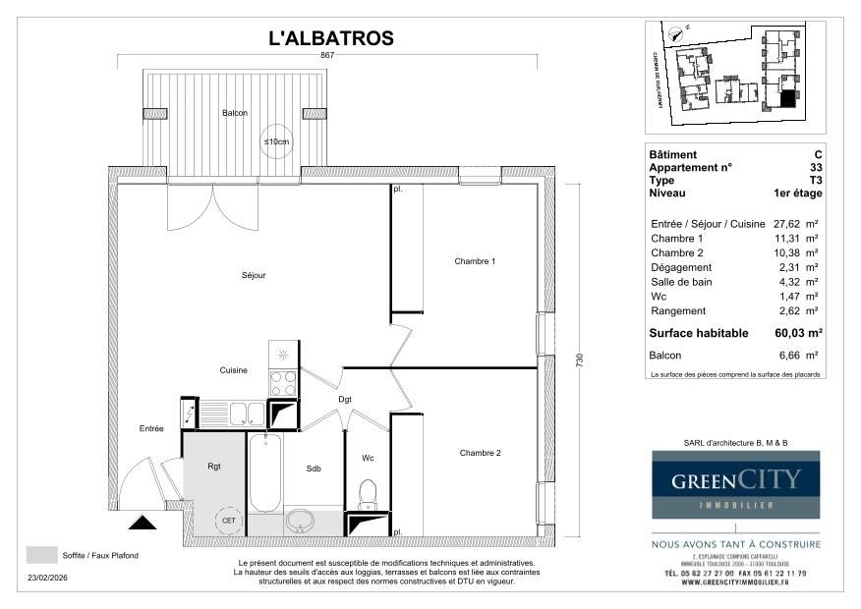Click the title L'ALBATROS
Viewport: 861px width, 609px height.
(x=331, y=38)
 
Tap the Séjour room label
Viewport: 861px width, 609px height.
(x=253, y=275)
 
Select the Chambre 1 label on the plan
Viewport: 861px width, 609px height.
(x=475, y=261)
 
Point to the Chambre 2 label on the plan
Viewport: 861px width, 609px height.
(x=480, y=453)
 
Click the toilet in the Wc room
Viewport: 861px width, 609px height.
(x=368, y=491)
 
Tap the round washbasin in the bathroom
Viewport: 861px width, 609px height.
(x=299, y=520)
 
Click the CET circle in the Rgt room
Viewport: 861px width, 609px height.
(x=228, y=521)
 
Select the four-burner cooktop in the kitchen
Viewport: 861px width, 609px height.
(x=283, y=381)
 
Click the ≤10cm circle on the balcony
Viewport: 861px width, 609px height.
(x=276, y=142)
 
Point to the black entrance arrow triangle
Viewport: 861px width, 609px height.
(x=143, y=523)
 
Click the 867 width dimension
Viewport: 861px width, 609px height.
(x=327, y=56)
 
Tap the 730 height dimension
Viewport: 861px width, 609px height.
(x=580, y=360)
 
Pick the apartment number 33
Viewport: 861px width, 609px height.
(x=816, y=168)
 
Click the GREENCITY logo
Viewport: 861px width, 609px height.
(x=736, y=484)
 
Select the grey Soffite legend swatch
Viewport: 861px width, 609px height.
(x=41, y=555)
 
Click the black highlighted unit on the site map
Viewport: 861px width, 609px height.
(x=787, y=99)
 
